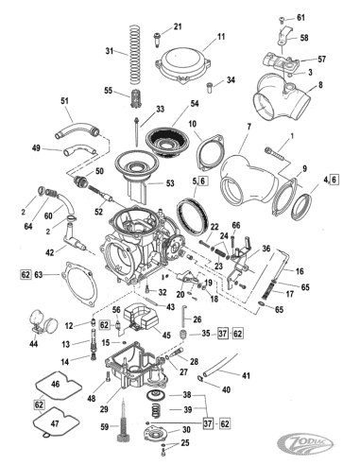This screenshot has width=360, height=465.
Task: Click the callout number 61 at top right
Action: (x=301, y=18)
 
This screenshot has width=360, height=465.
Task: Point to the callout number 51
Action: (x=65, y=101)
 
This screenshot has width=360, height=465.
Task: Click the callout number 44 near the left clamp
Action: (x=34, y=344)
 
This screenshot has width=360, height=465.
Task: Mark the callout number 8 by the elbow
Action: (x=319, y=86)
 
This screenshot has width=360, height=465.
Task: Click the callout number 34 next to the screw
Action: (x=231, y=80)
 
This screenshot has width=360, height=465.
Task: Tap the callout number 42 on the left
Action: (x=50, y=252)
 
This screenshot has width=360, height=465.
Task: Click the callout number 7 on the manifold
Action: (x=249, y=126)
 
